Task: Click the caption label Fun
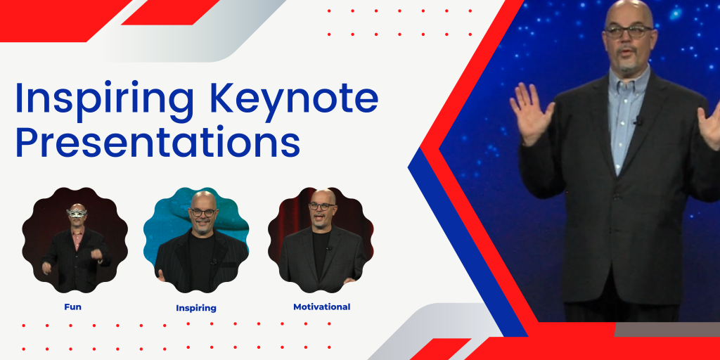pyautogui.click(x=73, y=307)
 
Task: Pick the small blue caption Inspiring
pyautogui.click(x=196, y=308)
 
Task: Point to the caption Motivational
pyautogui.click(x=321, y=307)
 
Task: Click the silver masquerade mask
pyautogui.click(x=77, y=212)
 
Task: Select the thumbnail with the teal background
pyautogui.click(x=196, y=240)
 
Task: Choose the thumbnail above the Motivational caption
pyautogui.click(x=321, y=240)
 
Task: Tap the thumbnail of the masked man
pyautogui.click(x=75, y=240)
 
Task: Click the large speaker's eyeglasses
pyautogui.click(x=629, y=32)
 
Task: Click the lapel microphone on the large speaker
pyautogui.click(x=638, y=121)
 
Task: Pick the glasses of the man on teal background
pyautogui.click(x=203, y=212)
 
